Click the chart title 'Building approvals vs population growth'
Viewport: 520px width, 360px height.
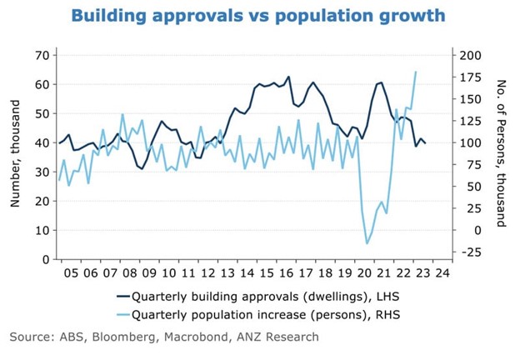click(x=258, y=16)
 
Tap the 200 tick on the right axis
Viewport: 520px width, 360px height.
click(x=471, y=55)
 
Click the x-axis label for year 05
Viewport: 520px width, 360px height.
click(x=69, y=272)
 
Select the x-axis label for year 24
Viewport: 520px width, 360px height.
click(x=442, y=272)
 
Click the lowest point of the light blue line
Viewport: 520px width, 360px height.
click(x=367, y=243)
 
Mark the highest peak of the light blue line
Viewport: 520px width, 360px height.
click(x=416, y=72)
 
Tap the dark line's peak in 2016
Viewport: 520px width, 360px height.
click(x=288, y=77)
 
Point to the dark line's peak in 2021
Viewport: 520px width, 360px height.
click(x=381, y=82)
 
